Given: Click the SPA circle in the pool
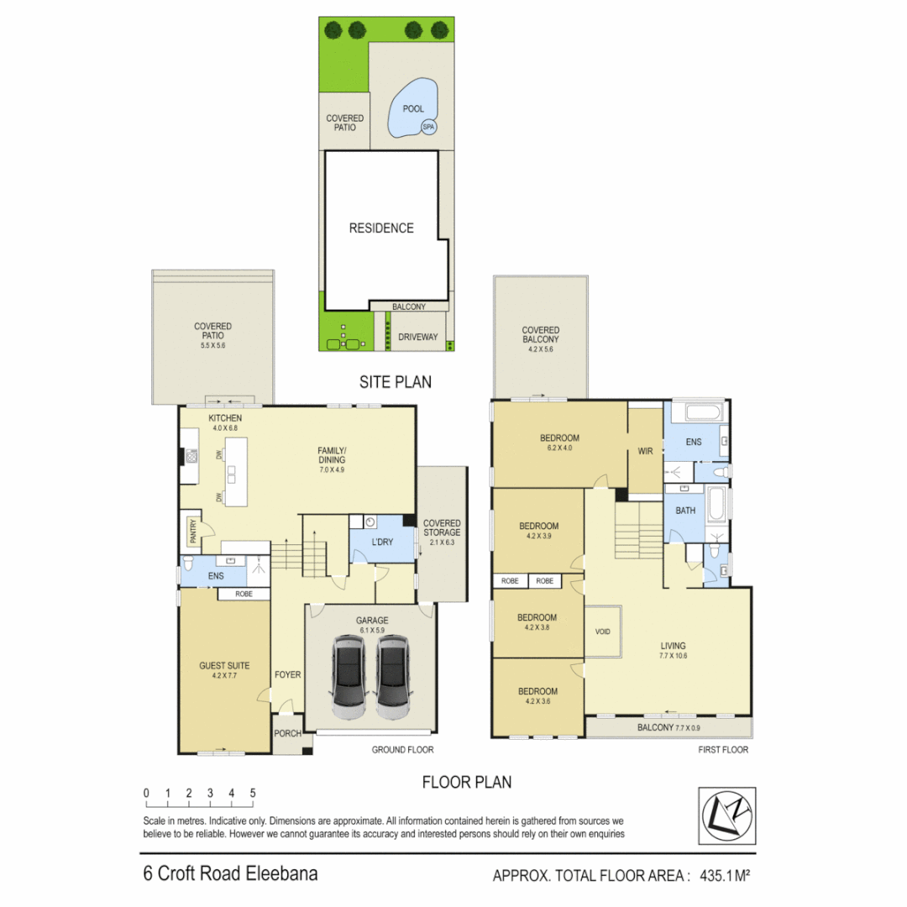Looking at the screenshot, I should point(428,127).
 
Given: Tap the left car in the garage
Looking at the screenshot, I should point(349,676).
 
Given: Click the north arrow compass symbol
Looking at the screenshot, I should point(727,815).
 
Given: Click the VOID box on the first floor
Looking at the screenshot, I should point(602,632).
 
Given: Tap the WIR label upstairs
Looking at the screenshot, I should point(645,451).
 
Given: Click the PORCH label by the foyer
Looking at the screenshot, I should point(288,734).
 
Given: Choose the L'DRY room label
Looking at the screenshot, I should point(382,542).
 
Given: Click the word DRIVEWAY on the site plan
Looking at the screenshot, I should point(418,337).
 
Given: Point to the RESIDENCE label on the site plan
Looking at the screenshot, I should point(381,228).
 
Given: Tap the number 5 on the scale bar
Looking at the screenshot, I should point(253,793).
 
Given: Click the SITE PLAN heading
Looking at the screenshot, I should point(395,382).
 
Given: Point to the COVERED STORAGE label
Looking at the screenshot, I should point(442,527).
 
